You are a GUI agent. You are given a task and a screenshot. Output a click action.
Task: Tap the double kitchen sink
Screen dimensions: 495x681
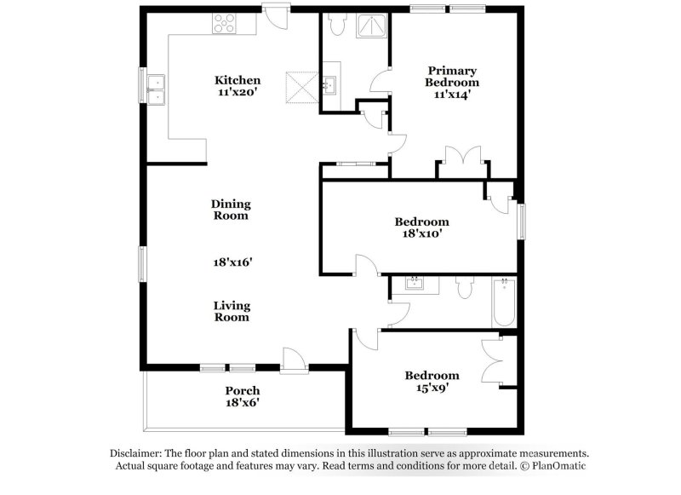point(156,89)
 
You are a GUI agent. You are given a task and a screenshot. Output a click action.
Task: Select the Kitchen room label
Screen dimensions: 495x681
point(237,81)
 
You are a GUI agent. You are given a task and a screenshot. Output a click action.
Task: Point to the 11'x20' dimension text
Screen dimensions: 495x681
point(237,94)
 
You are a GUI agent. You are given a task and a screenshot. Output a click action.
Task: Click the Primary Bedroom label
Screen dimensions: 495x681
point(452,77)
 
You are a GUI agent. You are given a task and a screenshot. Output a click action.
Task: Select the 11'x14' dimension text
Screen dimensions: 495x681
point(452,95)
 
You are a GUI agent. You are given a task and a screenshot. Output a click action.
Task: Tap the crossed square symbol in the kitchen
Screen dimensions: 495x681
point(300,87)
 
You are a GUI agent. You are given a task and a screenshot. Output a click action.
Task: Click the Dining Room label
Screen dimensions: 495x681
point(231,210)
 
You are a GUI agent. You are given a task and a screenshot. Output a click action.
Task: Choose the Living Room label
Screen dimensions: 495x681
point(231,311)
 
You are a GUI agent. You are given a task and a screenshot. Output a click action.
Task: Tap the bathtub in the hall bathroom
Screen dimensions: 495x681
point(503,302)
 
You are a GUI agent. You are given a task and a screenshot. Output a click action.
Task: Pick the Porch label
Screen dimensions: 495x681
point(242,390)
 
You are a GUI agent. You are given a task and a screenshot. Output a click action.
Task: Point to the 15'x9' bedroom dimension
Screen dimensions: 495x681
point(432,388)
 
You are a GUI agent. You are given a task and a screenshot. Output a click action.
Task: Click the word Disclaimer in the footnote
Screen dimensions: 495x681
point(137,453)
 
